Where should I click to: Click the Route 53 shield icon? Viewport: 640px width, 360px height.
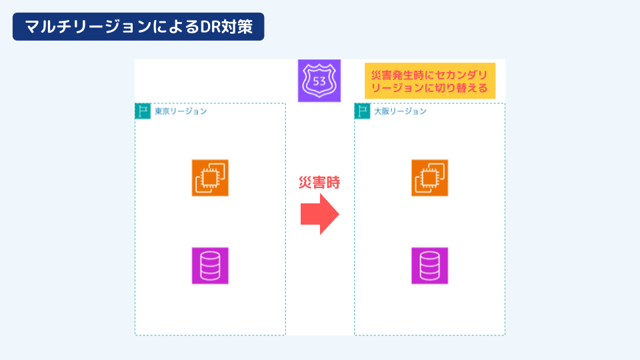pos(319,80)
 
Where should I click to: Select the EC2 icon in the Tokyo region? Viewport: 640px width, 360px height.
pos(210,178)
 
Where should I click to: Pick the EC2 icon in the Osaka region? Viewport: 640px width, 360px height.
pos(429,178)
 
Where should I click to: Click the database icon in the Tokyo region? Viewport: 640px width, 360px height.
pos(210,266)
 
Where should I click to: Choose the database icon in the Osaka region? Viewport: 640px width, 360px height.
pos(429,266)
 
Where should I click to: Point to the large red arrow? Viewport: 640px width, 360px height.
pos(319,214)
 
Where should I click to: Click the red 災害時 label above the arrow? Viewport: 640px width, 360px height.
pos(319,183)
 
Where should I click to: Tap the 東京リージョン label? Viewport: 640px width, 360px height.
pos(181,111)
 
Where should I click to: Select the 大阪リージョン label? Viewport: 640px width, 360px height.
pos(400,111)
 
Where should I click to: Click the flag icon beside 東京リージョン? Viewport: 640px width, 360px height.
pos(143,111)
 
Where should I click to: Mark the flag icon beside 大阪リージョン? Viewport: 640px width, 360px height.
pos(362,111)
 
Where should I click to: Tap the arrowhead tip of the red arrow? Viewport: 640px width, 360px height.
pos(339,214)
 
